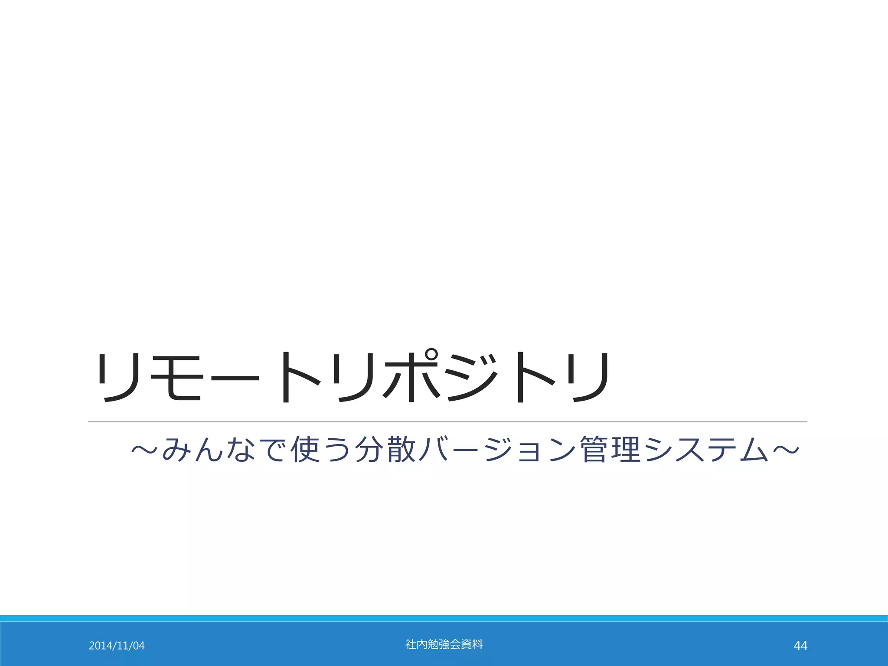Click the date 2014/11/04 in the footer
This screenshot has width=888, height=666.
117,646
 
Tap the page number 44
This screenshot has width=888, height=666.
800,646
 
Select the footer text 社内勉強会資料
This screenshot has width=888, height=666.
444,644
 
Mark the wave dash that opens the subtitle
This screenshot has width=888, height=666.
146,450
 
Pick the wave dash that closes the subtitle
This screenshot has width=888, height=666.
785,450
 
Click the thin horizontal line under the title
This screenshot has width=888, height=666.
447,421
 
